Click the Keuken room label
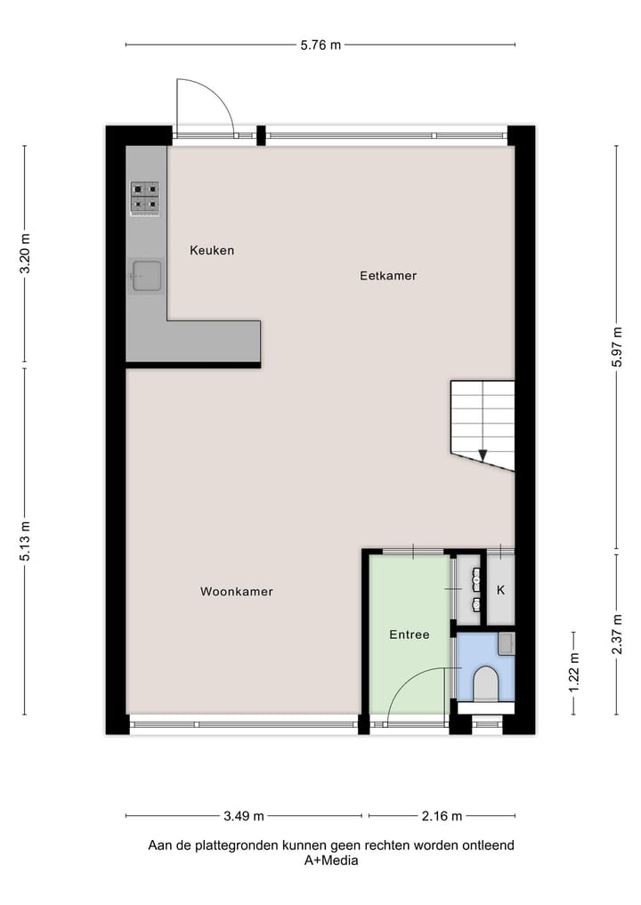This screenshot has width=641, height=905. click(x=212, y=250)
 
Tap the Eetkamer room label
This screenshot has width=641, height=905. click(x=388, y=276)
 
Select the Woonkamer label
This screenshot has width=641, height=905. click(x=236, y=592)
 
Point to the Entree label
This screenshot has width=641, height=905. click(x=410, y=634)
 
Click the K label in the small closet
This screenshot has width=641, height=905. click(x=500, y=590)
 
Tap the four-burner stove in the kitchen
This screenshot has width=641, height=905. click(x=145, y=198)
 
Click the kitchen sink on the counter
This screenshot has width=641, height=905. click(x=146, y=276)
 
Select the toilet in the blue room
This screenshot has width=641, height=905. click(x=486, y=684)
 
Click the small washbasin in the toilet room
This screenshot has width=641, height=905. click(x=506, y=642)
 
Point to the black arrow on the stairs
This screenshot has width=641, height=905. click(x=483, y=455)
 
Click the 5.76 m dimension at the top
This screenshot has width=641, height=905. click(x=320, y=44)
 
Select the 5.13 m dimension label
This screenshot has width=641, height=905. click(x=25, y=541)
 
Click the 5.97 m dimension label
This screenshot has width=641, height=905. click(x=616, y=348)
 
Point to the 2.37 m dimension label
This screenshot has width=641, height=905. click(x=616, y=633)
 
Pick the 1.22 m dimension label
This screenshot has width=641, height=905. click(x=573, y=673)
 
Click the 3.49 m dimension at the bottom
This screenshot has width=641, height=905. click(x=243, y=815)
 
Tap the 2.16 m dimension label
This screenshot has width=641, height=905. click(x=442, y=815)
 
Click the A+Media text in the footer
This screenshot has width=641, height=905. click(x=331, y=861)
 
